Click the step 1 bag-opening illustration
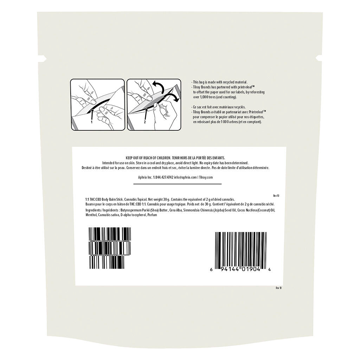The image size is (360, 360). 97,105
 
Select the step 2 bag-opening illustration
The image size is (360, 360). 154,105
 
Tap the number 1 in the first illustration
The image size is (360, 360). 92,123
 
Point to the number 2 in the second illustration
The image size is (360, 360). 145,123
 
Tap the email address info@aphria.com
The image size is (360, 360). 185,178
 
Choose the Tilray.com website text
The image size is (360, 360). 206,178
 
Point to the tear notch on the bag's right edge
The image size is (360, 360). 320,57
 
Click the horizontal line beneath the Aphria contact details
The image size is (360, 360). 179,184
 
